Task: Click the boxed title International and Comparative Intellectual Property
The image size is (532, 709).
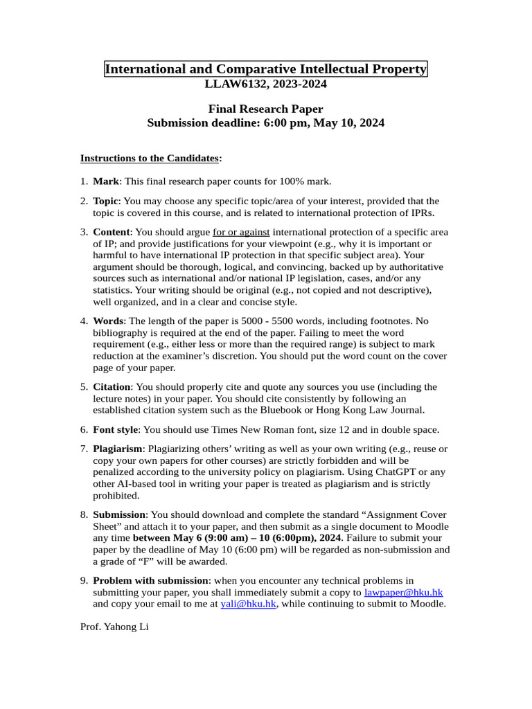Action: pyautogui.click(x=266, y=69)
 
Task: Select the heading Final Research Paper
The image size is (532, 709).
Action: pyautogui.click(x=266, y=109)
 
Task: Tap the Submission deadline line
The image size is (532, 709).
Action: pyautogui.click(x=266, y=123)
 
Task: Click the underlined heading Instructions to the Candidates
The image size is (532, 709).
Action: pyautogui.click(x=150, y=158)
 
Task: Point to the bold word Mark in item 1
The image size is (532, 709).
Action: pyautogui.click(x=106, y=181)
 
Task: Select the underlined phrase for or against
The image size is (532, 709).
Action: pyautogui.click(x=241, y=232)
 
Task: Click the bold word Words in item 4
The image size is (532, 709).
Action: pyautogui.click(x=108, y=321)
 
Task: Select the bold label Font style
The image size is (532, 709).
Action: pyautogui.click(x=116, y=430)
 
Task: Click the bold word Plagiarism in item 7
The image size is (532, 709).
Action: pyautogui.click(x=118, y=449)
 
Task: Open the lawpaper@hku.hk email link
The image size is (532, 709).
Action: pyautogui.click(x=403, y=592)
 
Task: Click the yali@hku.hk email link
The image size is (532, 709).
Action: pyautogui.click(x=249, y=604)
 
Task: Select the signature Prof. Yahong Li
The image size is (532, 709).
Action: pyautogui.click(x=114, y=627)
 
